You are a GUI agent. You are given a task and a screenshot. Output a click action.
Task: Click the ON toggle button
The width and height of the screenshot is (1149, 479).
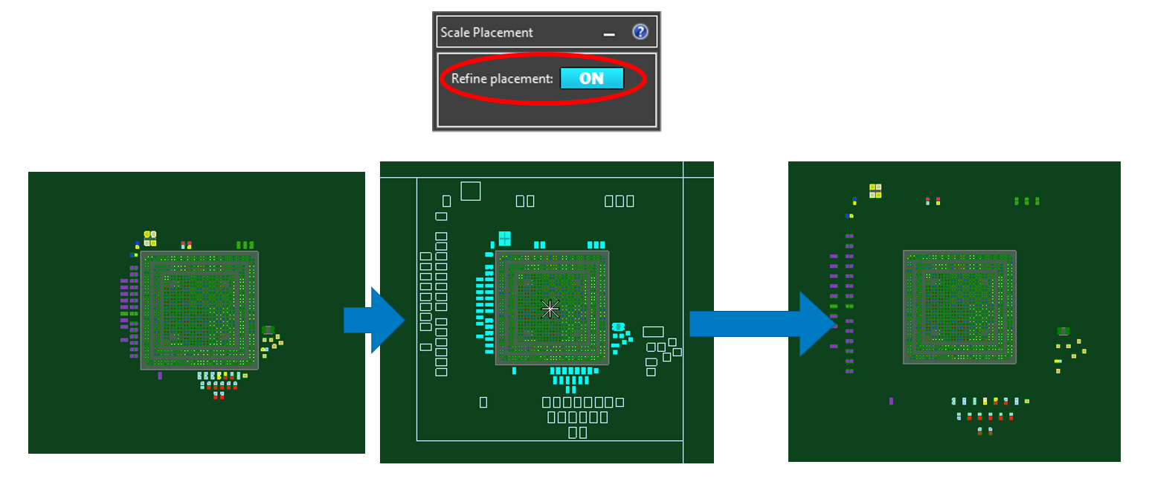point(591,78)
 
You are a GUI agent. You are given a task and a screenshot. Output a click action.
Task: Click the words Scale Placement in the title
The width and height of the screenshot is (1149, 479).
point(486,33)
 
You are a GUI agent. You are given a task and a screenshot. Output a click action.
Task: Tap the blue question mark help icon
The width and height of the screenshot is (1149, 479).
point(640,32)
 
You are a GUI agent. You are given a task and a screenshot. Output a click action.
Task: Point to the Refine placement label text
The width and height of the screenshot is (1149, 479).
point(502,79)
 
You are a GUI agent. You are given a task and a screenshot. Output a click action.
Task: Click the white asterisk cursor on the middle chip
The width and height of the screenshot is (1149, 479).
point(550,309)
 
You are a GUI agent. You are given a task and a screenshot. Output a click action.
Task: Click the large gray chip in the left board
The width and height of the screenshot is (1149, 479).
point(199,310)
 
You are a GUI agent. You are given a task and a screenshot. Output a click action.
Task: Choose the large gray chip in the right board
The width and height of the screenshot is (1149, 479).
point(959,307)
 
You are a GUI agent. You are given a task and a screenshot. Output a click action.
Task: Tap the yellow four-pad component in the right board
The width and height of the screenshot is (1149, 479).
point(875,191)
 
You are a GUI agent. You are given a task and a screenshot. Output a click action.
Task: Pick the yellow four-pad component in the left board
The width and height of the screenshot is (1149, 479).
point(150,238)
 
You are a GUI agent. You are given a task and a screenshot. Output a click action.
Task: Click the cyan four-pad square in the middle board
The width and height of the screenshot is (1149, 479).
point(505,238)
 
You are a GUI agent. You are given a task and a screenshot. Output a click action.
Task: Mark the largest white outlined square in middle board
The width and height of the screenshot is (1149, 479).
point(470,191)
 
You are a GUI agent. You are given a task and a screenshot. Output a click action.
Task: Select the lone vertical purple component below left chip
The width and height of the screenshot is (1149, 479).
point(160,376)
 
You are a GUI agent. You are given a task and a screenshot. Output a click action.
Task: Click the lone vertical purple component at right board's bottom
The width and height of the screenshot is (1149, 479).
point(891,401)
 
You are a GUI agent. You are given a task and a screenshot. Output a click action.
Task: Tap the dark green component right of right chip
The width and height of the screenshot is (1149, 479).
point(1063,331)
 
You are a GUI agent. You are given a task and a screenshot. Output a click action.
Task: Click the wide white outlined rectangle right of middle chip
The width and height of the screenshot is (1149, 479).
point(653,332)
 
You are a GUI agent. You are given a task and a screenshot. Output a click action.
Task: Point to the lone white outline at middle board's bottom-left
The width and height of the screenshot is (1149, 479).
point(483,402)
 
